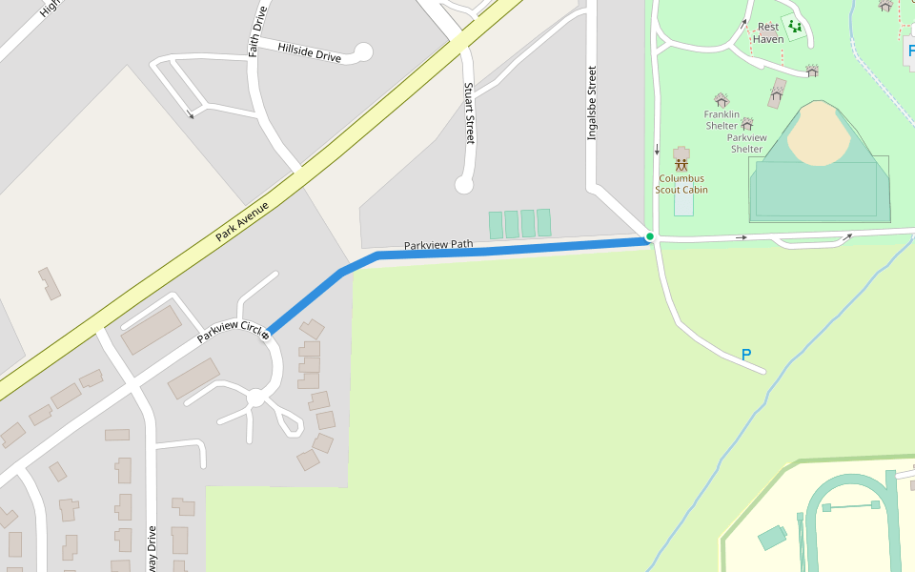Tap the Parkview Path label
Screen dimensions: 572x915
(437, 245)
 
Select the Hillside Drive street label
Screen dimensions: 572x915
(309, 51)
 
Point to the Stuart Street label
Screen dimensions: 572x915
(469, 112)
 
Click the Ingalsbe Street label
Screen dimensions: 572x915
(592, 103)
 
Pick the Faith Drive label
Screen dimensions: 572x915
(257, 31)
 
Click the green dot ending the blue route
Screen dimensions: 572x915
(650, 236)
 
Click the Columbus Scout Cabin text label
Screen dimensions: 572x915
(681, 183)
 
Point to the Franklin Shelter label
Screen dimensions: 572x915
(722, 120)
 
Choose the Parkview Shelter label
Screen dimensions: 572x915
(747, 143)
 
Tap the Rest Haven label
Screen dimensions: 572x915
(768, 33)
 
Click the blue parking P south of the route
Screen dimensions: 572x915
(746, 355)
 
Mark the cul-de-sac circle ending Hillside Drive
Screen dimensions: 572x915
(363, 51)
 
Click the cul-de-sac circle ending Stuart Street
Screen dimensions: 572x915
(464, 184)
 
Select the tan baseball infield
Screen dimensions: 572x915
(819, 133)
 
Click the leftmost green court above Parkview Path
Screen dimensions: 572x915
(496, 225)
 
